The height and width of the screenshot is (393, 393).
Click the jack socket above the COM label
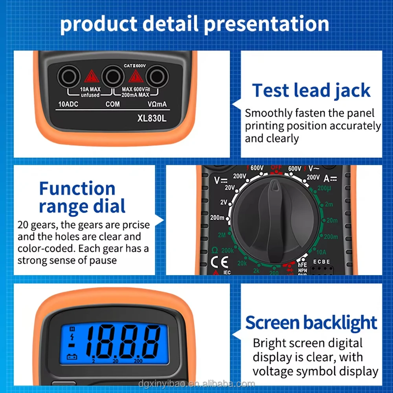(x=112, y=76)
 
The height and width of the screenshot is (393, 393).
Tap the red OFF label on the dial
(x=276, y=167)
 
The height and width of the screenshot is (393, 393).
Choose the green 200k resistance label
(x=227, y=250)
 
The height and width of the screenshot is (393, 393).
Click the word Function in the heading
(x=77, y=189)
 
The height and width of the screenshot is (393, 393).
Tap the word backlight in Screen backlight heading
(x=340, y=323)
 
